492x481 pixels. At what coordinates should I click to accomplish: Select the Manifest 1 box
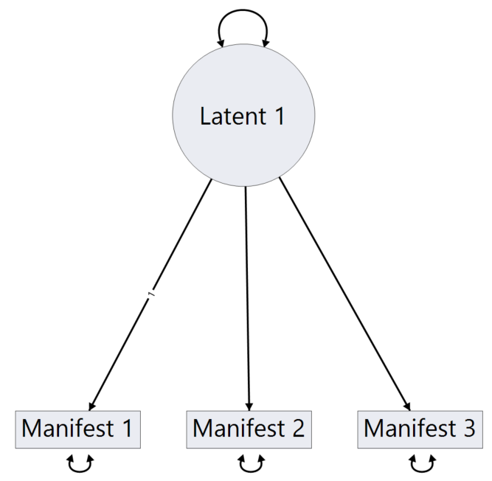click(77, 429)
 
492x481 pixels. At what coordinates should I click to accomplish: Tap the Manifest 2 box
click(249, 429)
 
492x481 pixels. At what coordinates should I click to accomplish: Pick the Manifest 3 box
click(420, 429)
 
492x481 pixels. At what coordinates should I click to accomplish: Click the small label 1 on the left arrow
click(151, 295)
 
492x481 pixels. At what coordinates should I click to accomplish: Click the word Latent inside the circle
click(226, 116)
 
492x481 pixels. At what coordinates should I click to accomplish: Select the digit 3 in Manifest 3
click(469, 429)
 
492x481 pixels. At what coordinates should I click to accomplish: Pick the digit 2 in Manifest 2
click(297, 429)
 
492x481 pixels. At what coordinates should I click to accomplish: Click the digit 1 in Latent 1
click(277, 116)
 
